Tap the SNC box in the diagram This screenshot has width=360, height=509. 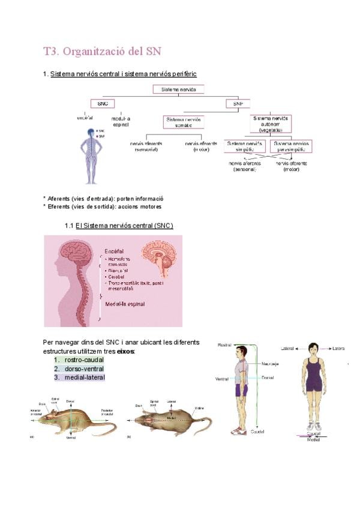coord(102,103)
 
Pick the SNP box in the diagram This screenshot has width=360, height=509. coord(238,103)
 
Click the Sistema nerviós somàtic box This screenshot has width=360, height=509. coord(184,122)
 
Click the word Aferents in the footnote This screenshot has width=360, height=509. coord(62,198)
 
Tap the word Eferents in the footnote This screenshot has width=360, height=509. coord(62,206)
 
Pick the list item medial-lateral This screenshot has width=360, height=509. coord(84,378)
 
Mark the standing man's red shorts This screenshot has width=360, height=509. coord(241,391)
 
